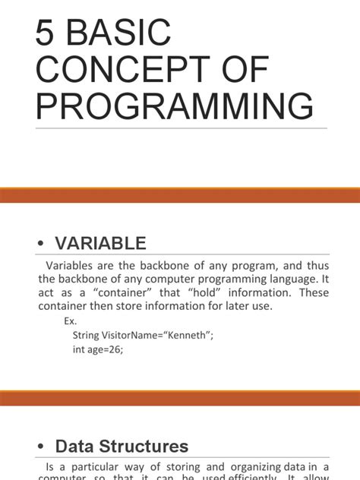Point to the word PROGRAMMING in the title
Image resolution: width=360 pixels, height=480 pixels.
175,107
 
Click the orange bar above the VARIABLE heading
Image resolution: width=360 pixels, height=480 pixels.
180,196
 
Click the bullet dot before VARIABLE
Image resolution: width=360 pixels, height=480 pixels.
41,244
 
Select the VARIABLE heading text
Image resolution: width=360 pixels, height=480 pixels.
100,244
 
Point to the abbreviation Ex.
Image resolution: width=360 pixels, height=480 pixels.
71,321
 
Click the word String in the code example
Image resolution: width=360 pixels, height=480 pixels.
87,336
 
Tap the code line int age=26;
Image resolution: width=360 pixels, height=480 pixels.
97,350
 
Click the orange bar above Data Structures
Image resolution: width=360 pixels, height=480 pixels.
180,397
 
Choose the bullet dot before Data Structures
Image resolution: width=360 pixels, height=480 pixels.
41,447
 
